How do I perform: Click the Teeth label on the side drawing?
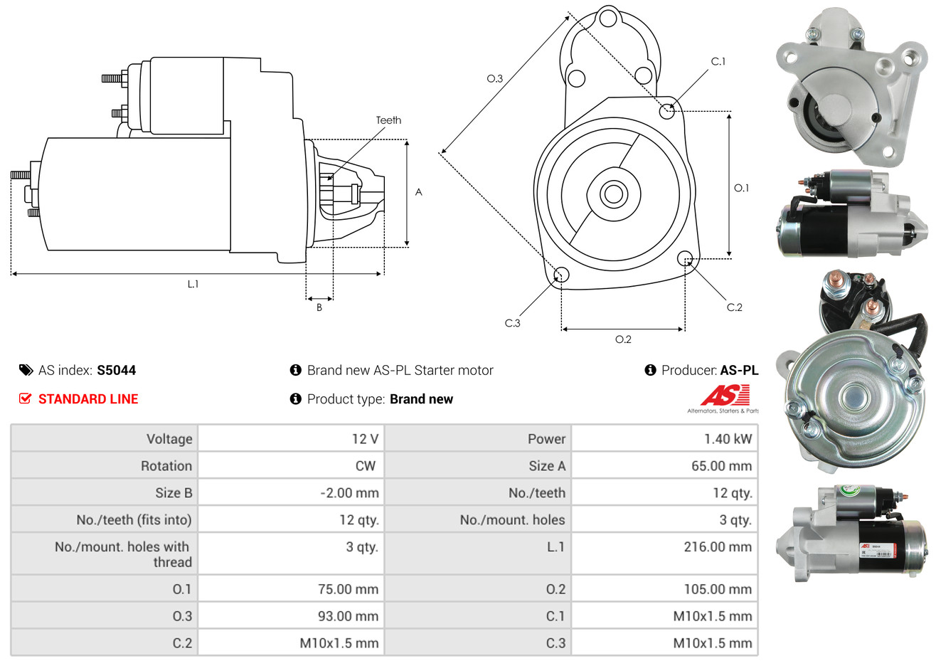[x=388, y=120]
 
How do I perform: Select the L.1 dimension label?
[x=193, y=284]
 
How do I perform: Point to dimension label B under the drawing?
[x=319, y=307]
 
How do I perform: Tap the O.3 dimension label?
[x=494, y=78]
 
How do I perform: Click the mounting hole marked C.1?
[x=667, y=111]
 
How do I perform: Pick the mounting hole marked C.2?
[x=685, y=258]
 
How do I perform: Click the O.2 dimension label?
[x=623, y=339]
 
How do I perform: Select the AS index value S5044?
[x=116, y=370]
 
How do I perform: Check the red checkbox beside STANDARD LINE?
[x=26, y=398]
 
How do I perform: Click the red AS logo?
[x=725, y=395]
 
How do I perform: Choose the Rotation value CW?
[x=365, y=466]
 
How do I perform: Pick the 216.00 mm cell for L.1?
[x=717, y=546]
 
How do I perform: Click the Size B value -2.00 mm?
[x=349, y=493]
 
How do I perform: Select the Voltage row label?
[x=169, y=439]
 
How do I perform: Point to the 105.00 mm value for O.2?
[x=717, y=589]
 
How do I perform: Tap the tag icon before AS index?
[x=26, y=370]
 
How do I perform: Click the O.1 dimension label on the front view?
[x=741, y=188]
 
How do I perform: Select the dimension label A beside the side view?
[x=419, y=192]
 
